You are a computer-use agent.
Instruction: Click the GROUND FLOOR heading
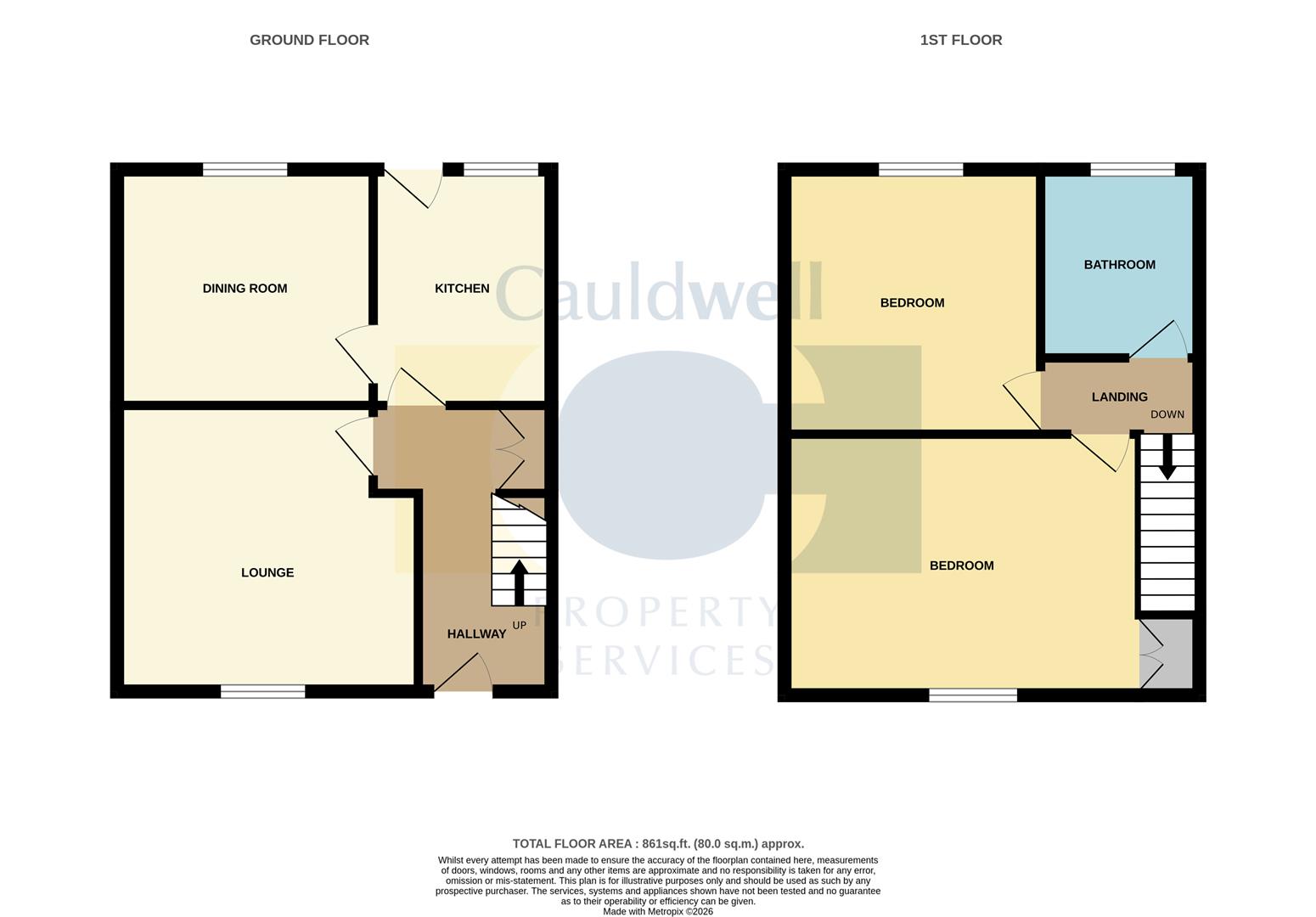[x=309, y=40]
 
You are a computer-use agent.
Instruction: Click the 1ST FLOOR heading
[x=960, y=40]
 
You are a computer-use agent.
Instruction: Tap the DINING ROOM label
[x=245, y=289]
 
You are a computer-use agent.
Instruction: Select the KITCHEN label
[x=462, y=289]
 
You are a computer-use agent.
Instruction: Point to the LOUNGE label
[x=267, y=573]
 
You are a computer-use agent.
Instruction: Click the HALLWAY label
[x=476, y=634]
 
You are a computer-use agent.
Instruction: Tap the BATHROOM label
[x=1119, y=265]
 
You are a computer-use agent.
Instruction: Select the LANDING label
[x=1119, y=397]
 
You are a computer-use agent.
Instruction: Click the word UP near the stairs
[x=520, y=626]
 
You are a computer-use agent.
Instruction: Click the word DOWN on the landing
[x=1167, y=415]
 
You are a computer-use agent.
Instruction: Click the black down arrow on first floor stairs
[x=1167, y=458]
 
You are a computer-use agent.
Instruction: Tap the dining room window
[x=245, y=170]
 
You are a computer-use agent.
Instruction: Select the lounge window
[x=262, y=692]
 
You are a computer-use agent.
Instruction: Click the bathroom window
[x=1133, y=170]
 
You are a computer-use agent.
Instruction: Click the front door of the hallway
[x=463, y=675]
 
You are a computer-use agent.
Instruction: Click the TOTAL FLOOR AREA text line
[x=658, y=844]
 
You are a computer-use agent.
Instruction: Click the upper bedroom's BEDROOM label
[x=912, y=303]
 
